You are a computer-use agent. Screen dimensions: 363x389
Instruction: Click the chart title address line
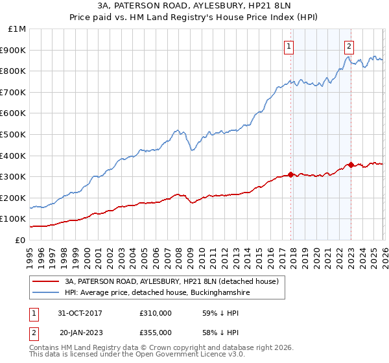tap(194, 6)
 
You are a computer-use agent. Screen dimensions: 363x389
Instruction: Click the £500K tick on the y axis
tap(14, 134)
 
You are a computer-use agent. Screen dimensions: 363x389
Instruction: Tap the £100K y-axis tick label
tap(14, 219)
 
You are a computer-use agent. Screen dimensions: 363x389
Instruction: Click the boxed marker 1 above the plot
tap(289, 46)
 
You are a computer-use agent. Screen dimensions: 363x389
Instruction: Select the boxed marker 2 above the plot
tap(349, 46)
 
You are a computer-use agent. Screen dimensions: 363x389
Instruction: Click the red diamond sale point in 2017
tap(290, 174)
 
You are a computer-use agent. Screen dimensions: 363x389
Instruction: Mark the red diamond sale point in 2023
tap(351, 165)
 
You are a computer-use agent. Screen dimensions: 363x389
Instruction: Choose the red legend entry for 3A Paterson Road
tap(171, 281)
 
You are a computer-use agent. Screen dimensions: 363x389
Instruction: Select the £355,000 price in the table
tap(155, 332)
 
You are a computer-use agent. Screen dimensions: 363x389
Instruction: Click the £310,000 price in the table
tap(155, 312)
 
